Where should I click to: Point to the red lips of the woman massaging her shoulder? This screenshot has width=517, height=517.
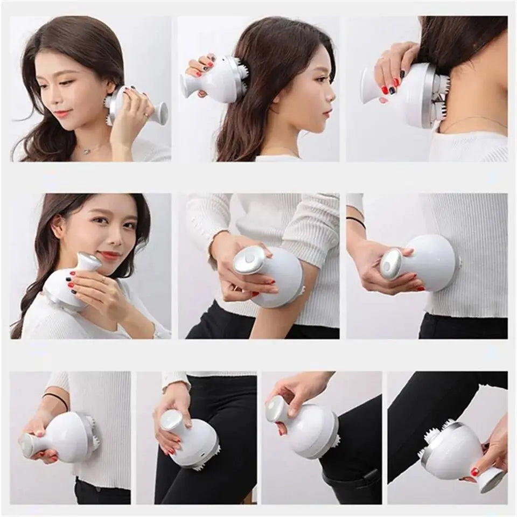110,255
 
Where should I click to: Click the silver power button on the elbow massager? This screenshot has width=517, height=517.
249,258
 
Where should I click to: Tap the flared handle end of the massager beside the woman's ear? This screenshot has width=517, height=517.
161,114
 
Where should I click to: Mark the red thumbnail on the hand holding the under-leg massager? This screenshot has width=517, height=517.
475,472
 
